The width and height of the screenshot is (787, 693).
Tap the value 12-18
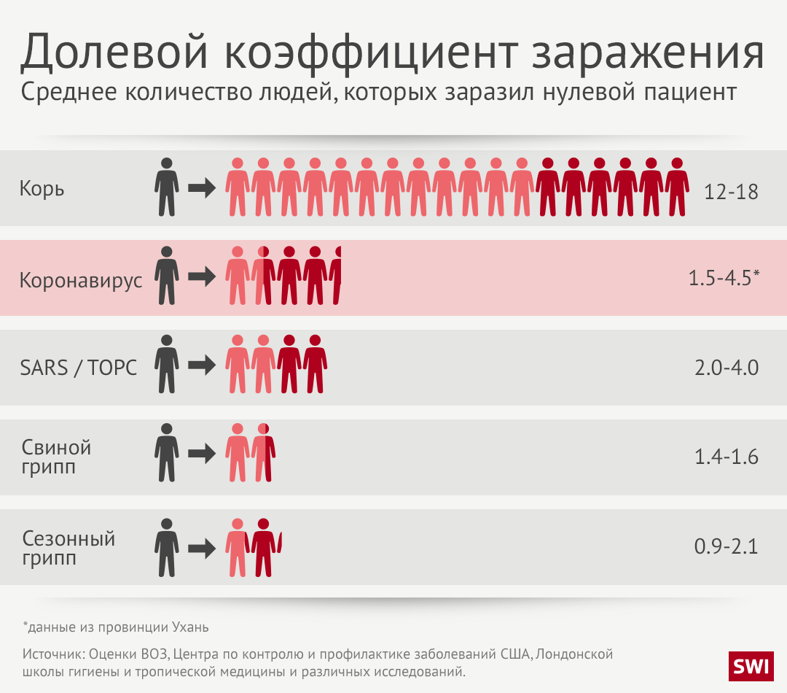[731, 192]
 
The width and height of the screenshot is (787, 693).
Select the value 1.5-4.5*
[724, 278]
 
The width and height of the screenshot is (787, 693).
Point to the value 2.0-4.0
[727, 368]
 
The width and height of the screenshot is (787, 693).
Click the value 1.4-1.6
[727, 457]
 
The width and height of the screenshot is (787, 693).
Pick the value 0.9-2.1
[727, 546]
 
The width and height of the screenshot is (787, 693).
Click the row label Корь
[42, 188]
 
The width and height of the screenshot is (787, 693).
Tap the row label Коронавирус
[81, 280]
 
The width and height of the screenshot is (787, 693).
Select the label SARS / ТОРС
[79, 367]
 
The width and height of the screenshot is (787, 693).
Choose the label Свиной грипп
[56, 457]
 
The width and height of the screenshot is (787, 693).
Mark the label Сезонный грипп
[68, 549]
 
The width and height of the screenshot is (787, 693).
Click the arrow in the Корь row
[202, 188]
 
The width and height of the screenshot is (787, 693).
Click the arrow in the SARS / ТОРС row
[202, 367]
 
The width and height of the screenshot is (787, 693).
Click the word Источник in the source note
[52, 652]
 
